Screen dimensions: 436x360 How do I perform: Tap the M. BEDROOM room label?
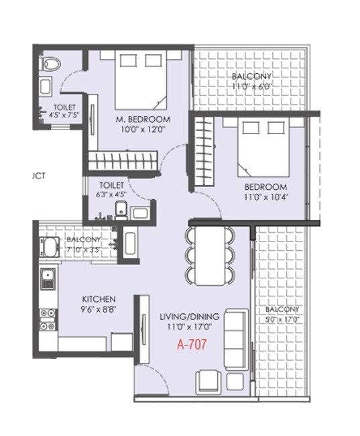pos(143,119)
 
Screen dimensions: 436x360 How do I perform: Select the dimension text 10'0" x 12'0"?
pos(143,129)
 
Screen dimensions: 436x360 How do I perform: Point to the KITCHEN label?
pos(99,298)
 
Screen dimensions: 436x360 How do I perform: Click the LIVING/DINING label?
pos(186,317)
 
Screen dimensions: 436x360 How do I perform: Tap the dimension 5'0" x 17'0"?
pos(282,319)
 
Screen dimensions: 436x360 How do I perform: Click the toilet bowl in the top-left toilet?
pos(50,65)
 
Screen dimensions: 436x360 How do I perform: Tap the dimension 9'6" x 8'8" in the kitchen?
pos(99,309)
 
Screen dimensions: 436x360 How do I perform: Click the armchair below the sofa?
pos(207,382)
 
